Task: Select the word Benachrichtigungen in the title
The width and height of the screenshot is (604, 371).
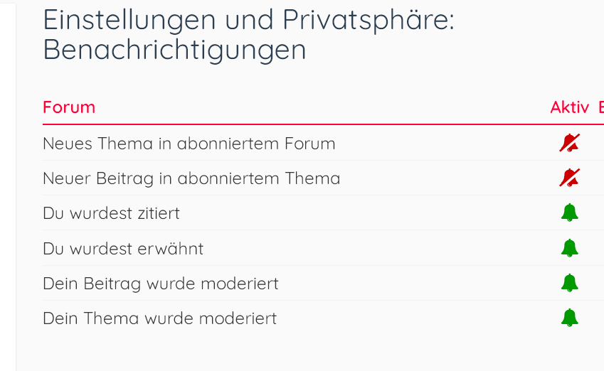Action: (174, 50)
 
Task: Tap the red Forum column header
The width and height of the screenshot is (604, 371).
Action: (69, 107)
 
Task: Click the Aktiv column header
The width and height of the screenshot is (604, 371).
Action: (569, 107)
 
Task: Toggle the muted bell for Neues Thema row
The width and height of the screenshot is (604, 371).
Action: (569, 143)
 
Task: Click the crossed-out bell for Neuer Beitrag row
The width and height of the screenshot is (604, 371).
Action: (569, 178)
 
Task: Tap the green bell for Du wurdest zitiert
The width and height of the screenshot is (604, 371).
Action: (570, 213)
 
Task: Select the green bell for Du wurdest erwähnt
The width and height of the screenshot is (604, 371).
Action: (570, 248)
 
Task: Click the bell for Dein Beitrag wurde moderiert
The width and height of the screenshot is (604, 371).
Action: (570, 284)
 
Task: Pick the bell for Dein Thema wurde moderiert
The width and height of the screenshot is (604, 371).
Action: (570, 318)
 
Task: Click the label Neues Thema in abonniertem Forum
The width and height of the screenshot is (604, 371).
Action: (189, 144)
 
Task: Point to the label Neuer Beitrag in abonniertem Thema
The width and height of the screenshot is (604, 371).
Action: (191, 178)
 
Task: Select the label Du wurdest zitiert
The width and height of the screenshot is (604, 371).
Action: (111, 213)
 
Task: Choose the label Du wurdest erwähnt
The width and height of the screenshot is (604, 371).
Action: (123, 249)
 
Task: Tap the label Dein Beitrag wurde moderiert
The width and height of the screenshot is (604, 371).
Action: (161, 284)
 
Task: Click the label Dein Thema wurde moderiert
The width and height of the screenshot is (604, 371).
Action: (160, 318)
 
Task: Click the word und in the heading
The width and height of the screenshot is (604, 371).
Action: (249, 20)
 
